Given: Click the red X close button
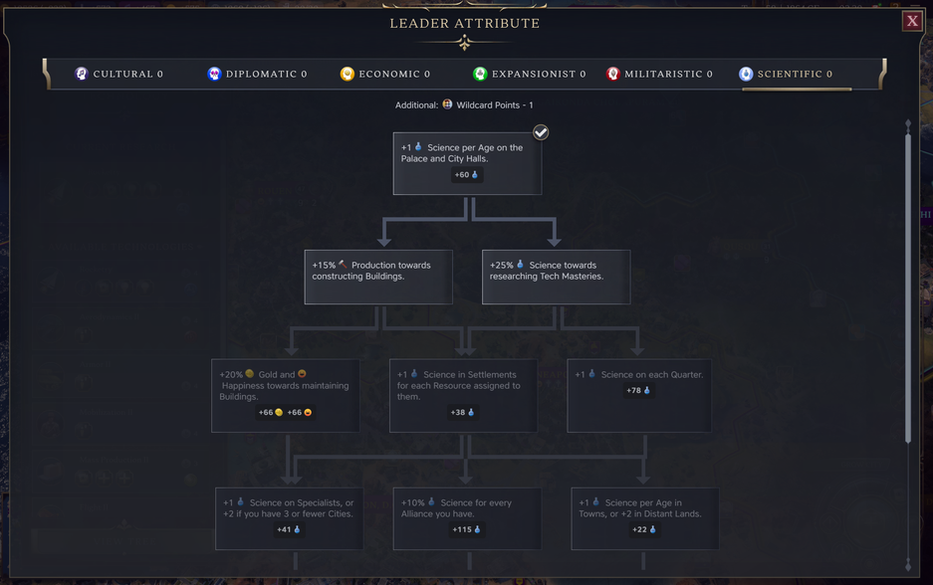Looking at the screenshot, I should coord(912,21).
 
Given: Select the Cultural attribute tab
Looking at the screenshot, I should coord(119,74).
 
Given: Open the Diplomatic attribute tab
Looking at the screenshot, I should coord(257,74).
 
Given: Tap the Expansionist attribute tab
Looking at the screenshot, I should coord(529,74).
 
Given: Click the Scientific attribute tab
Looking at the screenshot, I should coord(786,74).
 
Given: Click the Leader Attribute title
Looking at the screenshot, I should coord(465,23).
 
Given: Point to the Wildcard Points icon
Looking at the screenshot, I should coord(447,104).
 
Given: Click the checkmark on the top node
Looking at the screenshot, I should coord(541,132).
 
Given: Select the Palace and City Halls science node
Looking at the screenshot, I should coord(467,163).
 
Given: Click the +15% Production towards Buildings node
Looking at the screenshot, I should coord(378,276).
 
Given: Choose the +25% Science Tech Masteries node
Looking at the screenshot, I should coord(556,276).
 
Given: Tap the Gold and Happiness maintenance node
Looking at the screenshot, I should coord(285,395).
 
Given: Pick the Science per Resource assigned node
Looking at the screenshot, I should coord(463,395).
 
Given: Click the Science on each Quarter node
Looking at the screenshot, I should coord(639,395).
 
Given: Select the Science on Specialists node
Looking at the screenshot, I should coord(289,517).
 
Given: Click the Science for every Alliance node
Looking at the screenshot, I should coord(467,517).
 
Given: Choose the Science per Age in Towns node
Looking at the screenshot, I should coord(644,517).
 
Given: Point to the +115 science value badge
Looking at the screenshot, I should coord(466,530).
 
